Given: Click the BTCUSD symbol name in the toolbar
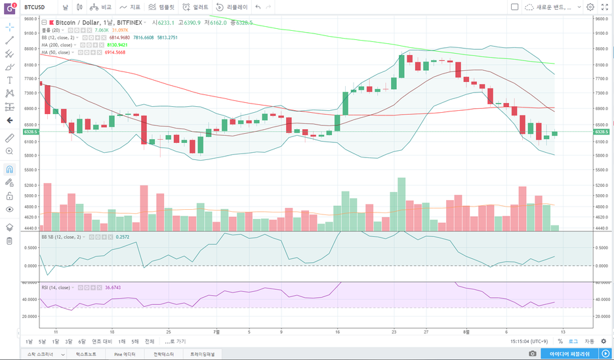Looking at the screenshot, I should pos(34,7).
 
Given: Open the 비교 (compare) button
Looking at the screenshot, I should pos(102,7).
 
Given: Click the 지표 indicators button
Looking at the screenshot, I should pos(131,7).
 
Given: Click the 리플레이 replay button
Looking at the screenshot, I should pos(232,7).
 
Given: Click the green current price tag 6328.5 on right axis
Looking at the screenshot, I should pos(602,132).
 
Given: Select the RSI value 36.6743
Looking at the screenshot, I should pos(114,287).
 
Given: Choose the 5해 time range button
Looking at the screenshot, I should pos(134,342).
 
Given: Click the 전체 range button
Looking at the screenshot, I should pos(150,342).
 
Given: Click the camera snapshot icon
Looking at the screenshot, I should pos(532,354).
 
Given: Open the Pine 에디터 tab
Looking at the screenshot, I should pos(126,354).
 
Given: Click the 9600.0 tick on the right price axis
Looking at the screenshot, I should pos(602,18).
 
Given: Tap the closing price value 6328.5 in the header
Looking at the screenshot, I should pos(244,22).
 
